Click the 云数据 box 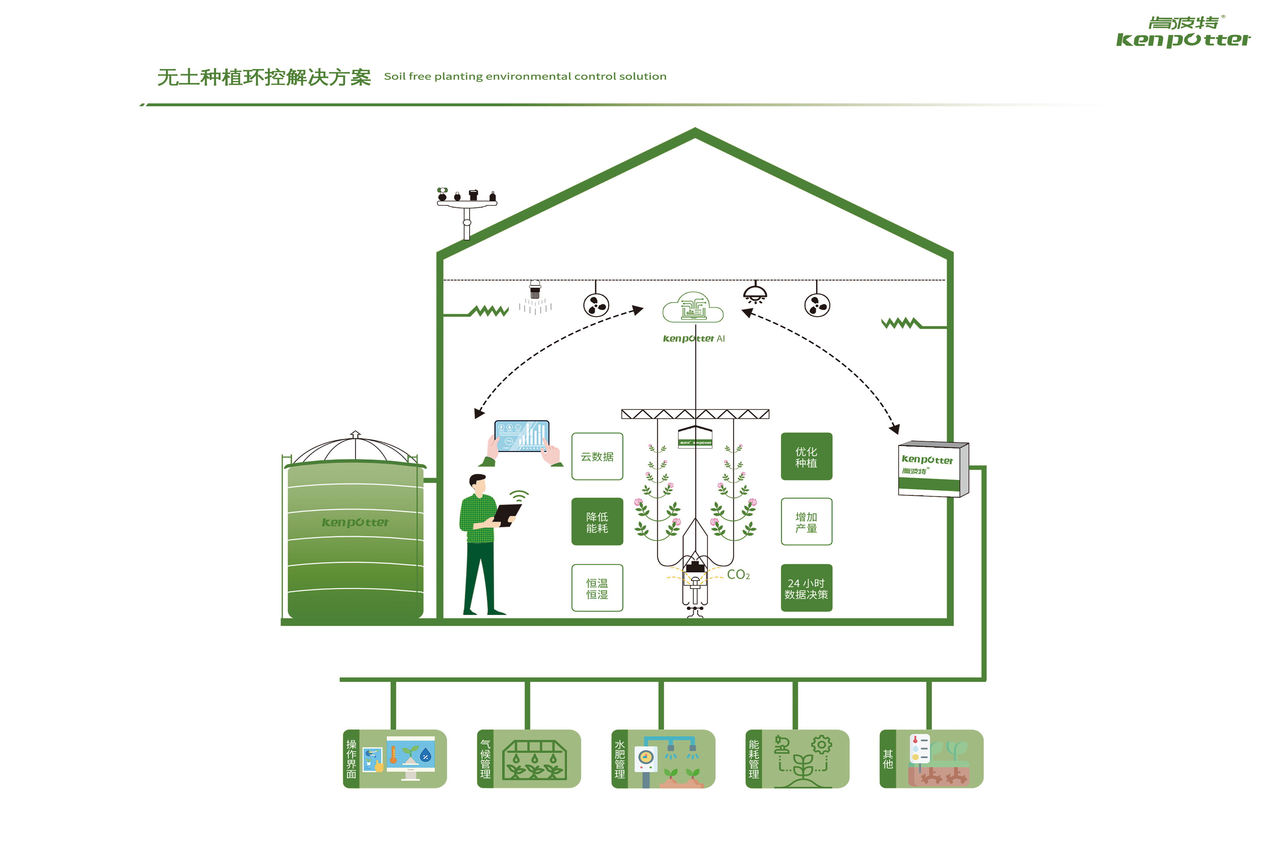click(597, 456)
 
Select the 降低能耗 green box click(597, 522)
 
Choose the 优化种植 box click(806, 456)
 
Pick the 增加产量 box click(806, 522)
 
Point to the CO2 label click(738, 575)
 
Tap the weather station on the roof click(467, 205)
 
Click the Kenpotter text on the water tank click(355, 522)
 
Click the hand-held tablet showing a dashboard click(521, 435)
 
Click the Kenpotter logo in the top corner click(1183, 32)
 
